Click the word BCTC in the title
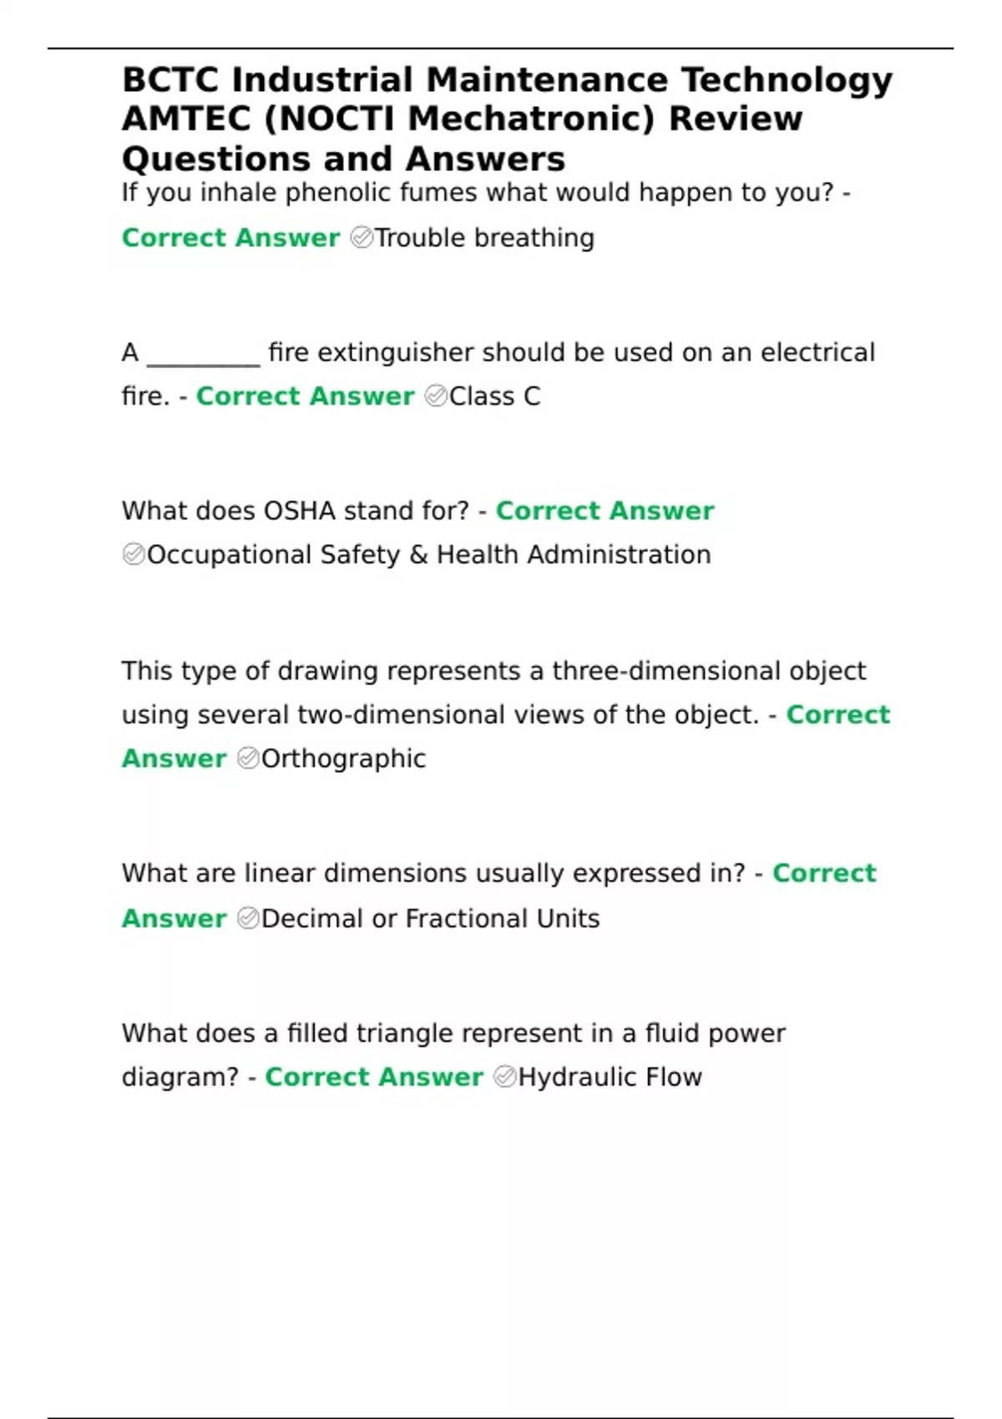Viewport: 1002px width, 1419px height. pyautogui.click(x=171, y=80)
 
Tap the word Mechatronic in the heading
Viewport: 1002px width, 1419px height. pyautogui.click(x=531, y=119)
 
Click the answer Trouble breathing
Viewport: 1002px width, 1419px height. pyautogui.click(x=484, y=238)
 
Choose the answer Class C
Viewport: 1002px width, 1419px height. pyautogui.click(x=494, y=396)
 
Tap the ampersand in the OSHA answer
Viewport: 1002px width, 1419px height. pyautogui.click(x=418, y=555)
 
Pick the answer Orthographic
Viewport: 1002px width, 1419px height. pyautogui.click(x=343, y=759)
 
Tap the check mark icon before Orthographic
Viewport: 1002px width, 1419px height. pyautogui.click(x=248, y=759)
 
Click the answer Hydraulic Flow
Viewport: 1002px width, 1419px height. pyautogui.click(x=610, y=1078)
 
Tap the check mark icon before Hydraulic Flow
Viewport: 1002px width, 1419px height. pyautogui.click(x=504, y=1078)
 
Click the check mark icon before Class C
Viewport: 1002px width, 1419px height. pyautogui.click(x=436, y=396)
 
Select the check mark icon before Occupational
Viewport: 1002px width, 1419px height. pyautogui.click(x=134, y=555)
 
